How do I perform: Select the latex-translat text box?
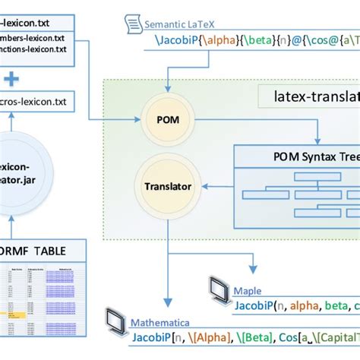pos(315,96)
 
